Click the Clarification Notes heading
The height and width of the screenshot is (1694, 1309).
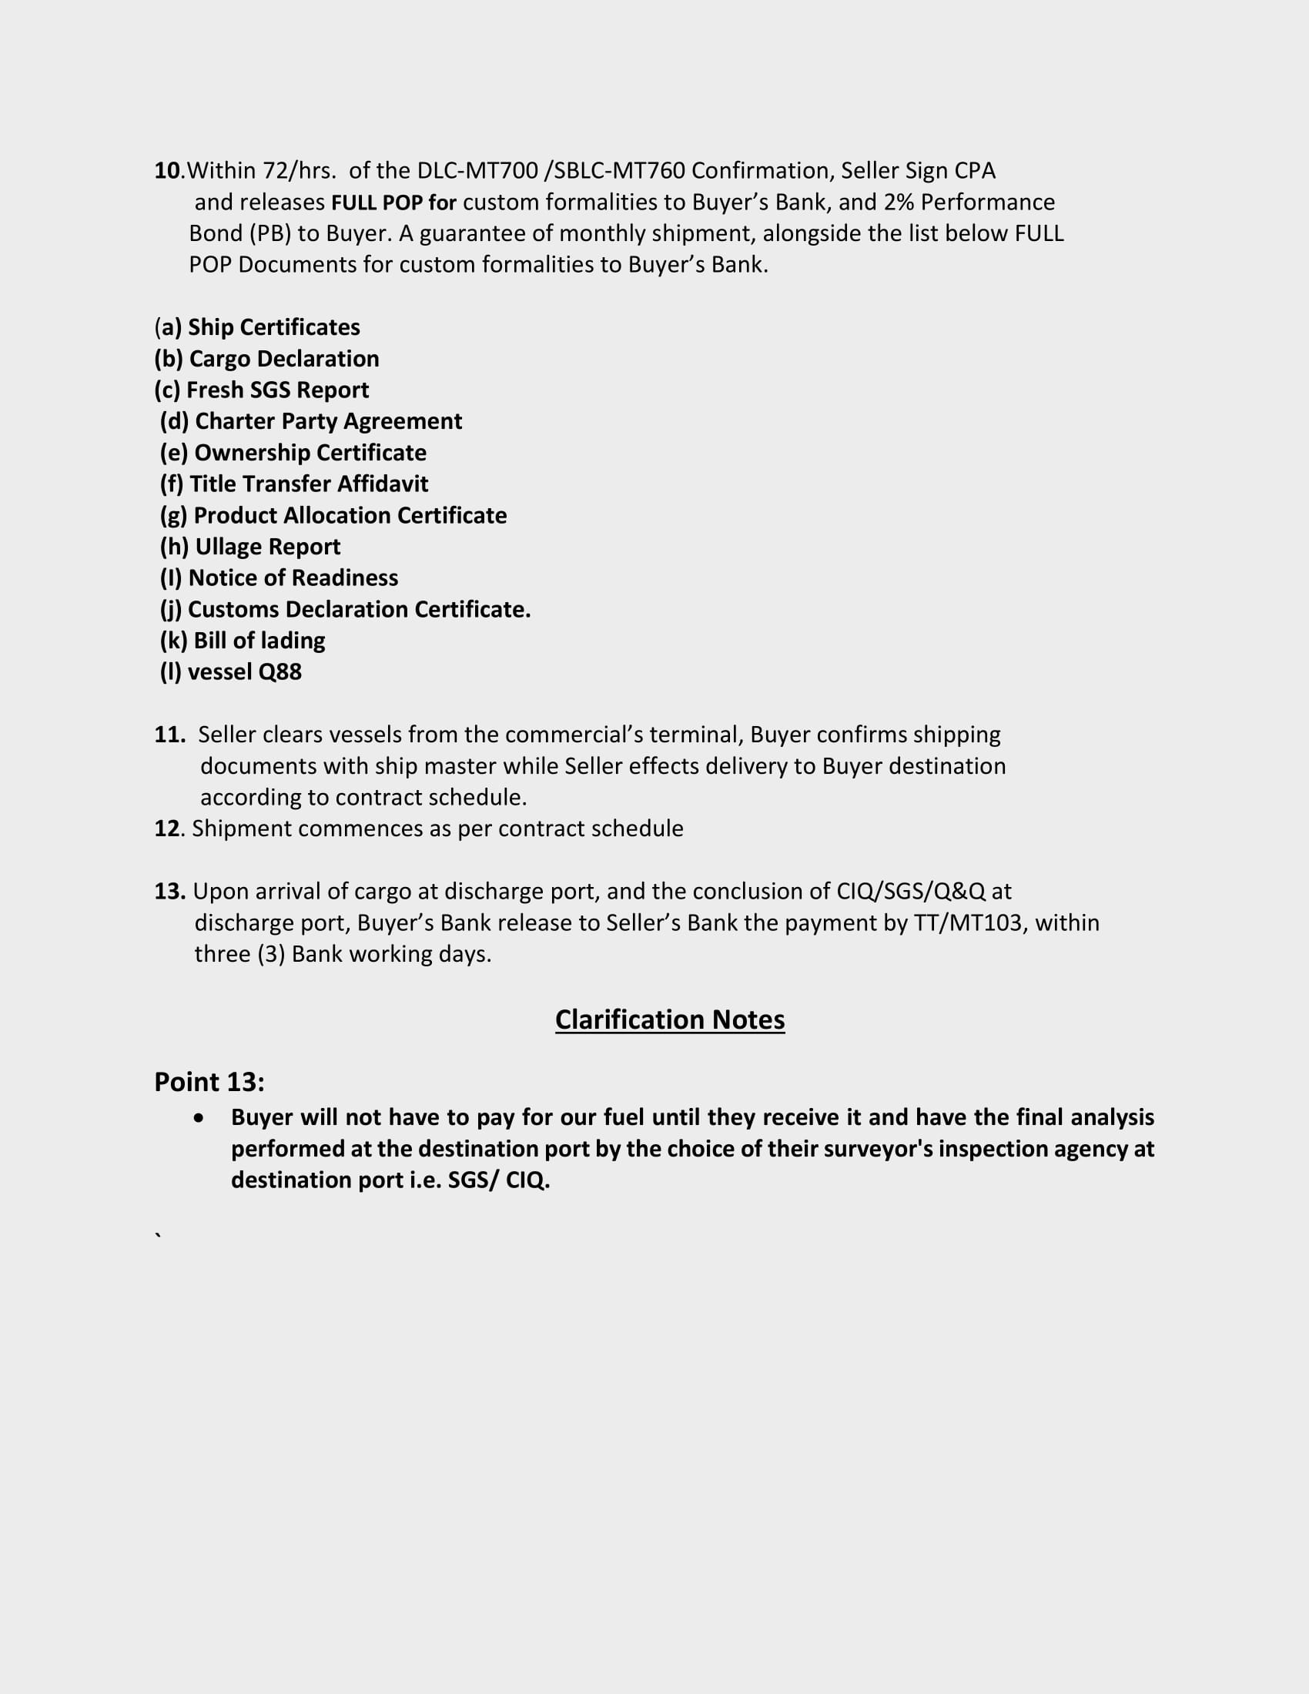[x=669, y=1019]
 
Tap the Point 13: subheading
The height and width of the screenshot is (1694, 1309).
[x=209, y=1082]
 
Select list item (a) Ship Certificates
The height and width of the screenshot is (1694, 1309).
[x=257, y=327]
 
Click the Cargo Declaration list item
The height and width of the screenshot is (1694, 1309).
[x=266, y=358]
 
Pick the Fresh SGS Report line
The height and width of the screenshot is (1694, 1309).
[x=262, y=390]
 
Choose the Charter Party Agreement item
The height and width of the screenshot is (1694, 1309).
[x=311, y=421]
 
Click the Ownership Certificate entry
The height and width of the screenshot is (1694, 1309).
[x=293, y=453]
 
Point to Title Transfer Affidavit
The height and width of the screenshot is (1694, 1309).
[x=294, y=484]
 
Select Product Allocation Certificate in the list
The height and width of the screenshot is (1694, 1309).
[x=333, y=516]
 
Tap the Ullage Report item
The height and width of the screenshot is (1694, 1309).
[x=250, y=547]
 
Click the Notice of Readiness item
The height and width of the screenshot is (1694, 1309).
[x=280, y=577]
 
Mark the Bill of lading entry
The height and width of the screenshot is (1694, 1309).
[x=243, y=641]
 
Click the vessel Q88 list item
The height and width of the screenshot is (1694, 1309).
[x=231, y=671]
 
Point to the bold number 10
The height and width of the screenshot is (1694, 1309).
[x=167, y=171]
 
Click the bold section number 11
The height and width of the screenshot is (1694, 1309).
[x=169, y=735]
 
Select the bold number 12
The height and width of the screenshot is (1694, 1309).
[x=167, y=829]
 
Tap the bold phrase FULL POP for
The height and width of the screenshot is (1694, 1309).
[x=394, y=203]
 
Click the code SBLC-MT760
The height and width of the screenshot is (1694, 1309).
[x=619, y=171]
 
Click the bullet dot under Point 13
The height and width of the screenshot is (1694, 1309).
[x=200, y=1118]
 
